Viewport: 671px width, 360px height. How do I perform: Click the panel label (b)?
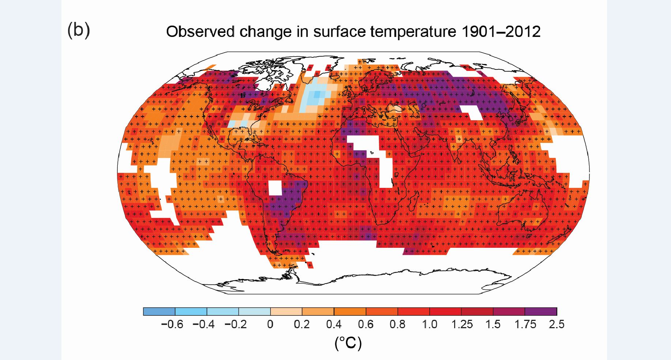coord(79,30)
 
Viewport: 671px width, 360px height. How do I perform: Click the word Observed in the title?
coord(200,32)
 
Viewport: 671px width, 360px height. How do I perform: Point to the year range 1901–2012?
coord(501,32)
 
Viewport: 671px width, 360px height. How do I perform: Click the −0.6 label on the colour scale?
coord(172,324)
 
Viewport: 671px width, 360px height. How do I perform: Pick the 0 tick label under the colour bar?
coord(270,324)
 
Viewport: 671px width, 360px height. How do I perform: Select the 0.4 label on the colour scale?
coord(333,324)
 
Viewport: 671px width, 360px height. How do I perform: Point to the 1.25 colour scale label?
coord(461,324)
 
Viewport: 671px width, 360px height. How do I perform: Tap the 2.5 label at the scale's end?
coord(556,324)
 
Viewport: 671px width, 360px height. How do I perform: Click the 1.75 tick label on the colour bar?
coord(525,324)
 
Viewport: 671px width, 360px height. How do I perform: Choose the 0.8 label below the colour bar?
coord(397,324)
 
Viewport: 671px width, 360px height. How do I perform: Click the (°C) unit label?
coord(348,343)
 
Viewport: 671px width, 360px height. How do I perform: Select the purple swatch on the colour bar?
coord(540,311)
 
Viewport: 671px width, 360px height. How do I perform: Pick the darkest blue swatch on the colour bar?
coord(159,311)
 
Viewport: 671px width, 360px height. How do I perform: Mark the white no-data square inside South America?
coord(275,188)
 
